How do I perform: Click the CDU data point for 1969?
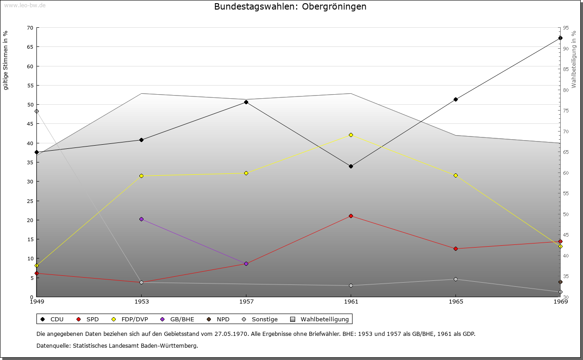560,38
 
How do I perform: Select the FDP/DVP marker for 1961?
351,135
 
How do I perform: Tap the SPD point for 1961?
351,216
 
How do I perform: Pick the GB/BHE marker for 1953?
141,219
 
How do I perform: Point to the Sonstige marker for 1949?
36,111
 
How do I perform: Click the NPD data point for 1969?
560,282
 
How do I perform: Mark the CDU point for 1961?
351,166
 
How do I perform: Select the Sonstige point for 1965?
455,279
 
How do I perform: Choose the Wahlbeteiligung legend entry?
319,319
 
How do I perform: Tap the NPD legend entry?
218,319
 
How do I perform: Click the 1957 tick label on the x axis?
246,301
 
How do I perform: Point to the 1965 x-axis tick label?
455,301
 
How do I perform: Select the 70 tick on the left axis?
30,28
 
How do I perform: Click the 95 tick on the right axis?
565,28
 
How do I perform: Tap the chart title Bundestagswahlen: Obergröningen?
290,7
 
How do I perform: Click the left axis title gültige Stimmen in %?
6,60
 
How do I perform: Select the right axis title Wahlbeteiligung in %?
574,60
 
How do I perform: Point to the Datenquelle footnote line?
117,345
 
